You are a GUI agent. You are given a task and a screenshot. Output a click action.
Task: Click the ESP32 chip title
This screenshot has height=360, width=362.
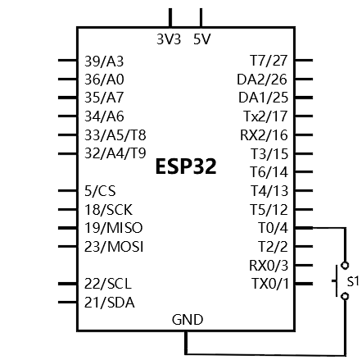coord(186,166)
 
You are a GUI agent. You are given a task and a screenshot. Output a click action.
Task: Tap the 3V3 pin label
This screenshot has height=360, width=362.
coord(169,39)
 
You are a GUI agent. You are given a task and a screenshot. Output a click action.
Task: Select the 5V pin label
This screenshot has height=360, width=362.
coord(202,39)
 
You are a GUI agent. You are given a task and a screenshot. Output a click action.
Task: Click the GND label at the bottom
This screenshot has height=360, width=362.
coord(188,320)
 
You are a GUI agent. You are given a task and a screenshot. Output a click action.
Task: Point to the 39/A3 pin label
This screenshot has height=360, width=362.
coord(104,62)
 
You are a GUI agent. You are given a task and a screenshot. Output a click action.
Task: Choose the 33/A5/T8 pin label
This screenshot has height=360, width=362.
coord(115,135)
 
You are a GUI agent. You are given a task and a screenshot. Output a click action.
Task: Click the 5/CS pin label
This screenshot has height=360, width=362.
coord(100,191)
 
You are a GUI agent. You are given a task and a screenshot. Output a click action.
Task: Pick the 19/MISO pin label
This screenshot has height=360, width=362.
coord(113,228)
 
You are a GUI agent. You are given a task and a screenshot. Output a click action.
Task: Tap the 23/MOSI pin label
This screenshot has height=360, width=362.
coord(114,247)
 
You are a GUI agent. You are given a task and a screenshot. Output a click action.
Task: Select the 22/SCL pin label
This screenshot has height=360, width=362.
coord(108,284)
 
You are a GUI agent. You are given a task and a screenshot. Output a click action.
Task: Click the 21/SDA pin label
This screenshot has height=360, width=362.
coord(110,303)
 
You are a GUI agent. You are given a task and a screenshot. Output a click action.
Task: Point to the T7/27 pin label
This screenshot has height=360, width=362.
coord(269,61)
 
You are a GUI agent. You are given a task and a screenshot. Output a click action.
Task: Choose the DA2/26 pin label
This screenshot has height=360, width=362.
coord(262,80)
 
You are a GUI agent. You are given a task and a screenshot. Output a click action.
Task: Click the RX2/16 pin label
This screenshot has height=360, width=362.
coord(264,135)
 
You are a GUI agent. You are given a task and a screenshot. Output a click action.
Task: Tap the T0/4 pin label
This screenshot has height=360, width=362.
coord(273,228)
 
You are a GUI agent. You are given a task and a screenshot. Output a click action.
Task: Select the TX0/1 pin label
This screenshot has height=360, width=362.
coord(270,284)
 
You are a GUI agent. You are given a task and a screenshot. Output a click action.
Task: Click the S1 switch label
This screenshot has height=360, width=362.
coord(353,281)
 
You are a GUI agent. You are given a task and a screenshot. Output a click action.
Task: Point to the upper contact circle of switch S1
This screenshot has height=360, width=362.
coord(345,265)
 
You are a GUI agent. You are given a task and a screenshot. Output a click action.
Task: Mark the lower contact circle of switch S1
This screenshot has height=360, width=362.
coord(345,296)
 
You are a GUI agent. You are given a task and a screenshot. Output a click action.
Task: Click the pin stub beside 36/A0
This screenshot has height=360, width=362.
coord(68,80)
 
